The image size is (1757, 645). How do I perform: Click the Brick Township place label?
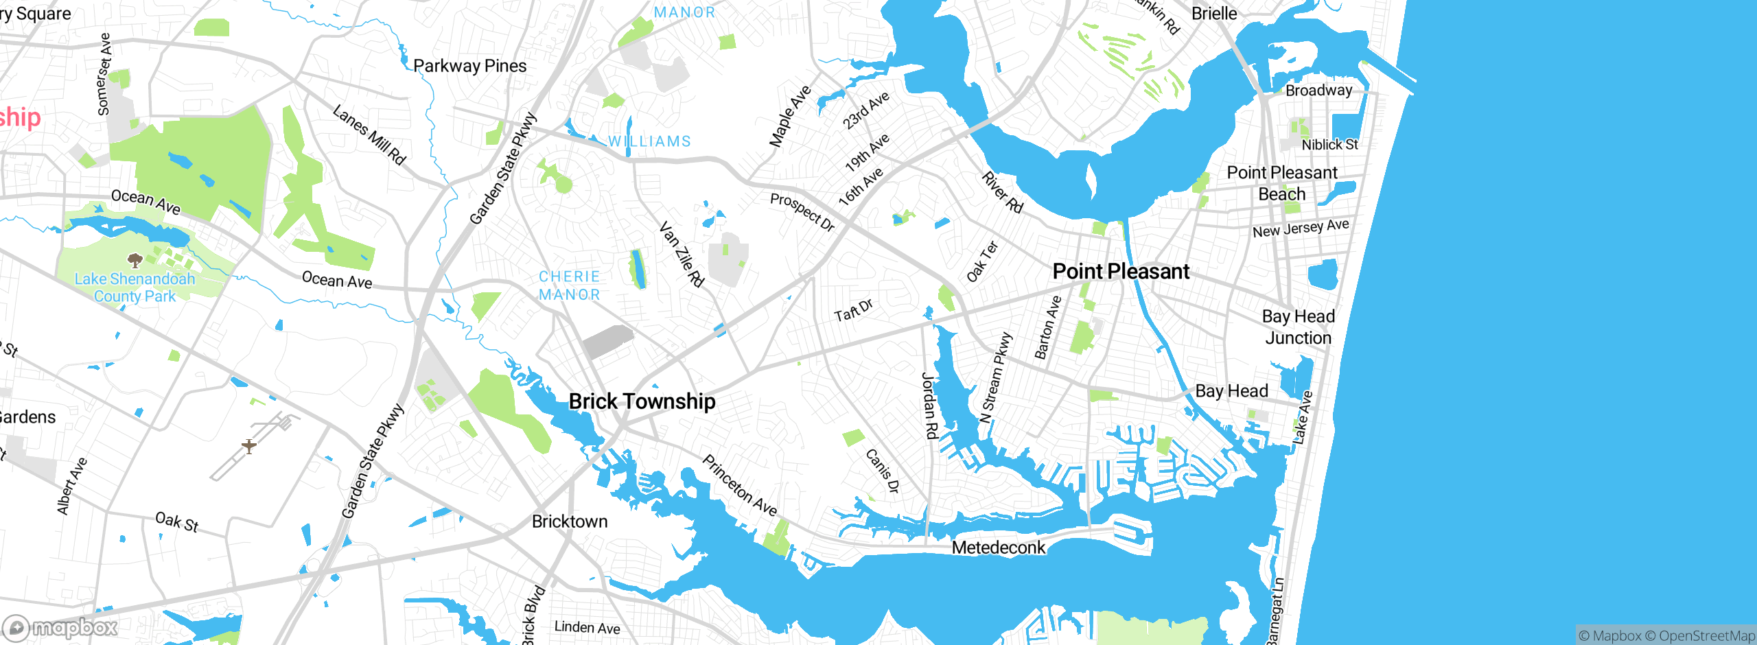(x=642, y=401)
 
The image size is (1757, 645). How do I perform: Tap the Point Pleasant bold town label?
(x=1121, y=272)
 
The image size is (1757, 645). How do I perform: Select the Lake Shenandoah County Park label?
(x=135, y=288)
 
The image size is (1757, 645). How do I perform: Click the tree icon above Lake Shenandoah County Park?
(x=135, y=260)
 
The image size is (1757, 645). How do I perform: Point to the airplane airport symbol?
(x=249, y=447)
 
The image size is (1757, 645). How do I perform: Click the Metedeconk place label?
(x=999, y=548)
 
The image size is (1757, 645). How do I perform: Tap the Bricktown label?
(x=570, y=521)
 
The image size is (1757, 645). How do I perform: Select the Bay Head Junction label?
(x=1298, y=327)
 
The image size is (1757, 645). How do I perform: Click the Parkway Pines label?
(x=470, y=66)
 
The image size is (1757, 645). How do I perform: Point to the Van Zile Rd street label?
(x=682, y=254)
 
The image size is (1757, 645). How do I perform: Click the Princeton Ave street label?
(x=740, y=485)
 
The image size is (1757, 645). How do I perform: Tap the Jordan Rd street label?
(x=929, y=405)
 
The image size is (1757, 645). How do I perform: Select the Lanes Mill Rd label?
(x=369, y=134)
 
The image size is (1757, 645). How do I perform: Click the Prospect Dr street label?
(x=802, y=212)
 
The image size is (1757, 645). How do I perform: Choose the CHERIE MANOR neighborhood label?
(x=570, y=285)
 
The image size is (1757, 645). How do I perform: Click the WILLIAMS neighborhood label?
(x=649, y=141)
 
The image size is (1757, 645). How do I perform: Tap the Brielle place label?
(x=1214, y=14)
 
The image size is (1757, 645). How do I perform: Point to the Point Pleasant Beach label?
(x=1281, y=183)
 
